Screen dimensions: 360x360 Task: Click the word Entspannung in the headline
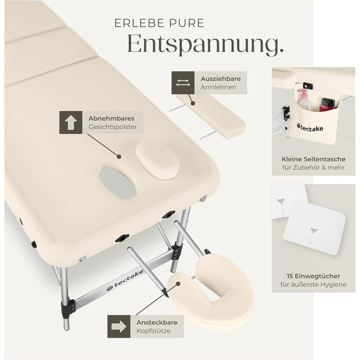[203, 44]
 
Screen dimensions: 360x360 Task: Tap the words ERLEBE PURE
[159, 23]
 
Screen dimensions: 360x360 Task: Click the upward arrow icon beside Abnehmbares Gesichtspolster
[71, 122]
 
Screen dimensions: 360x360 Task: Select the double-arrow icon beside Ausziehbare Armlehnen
[183, 83]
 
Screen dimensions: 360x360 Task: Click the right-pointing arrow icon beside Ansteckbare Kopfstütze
[119, 326]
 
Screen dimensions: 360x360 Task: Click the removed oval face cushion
[158, 159]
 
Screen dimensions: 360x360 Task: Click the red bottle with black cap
[328, 105]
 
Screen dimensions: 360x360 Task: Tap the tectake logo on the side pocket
[310, 128]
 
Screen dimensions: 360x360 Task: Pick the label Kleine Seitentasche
[313, 159]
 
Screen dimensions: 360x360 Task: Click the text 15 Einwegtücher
[313, 276]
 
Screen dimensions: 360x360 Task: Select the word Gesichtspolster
[113, 127]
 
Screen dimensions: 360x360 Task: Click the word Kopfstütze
[154, 331]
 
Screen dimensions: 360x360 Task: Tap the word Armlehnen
[219, 87]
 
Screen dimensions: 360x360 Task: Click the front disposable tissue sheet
[314, 228]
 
